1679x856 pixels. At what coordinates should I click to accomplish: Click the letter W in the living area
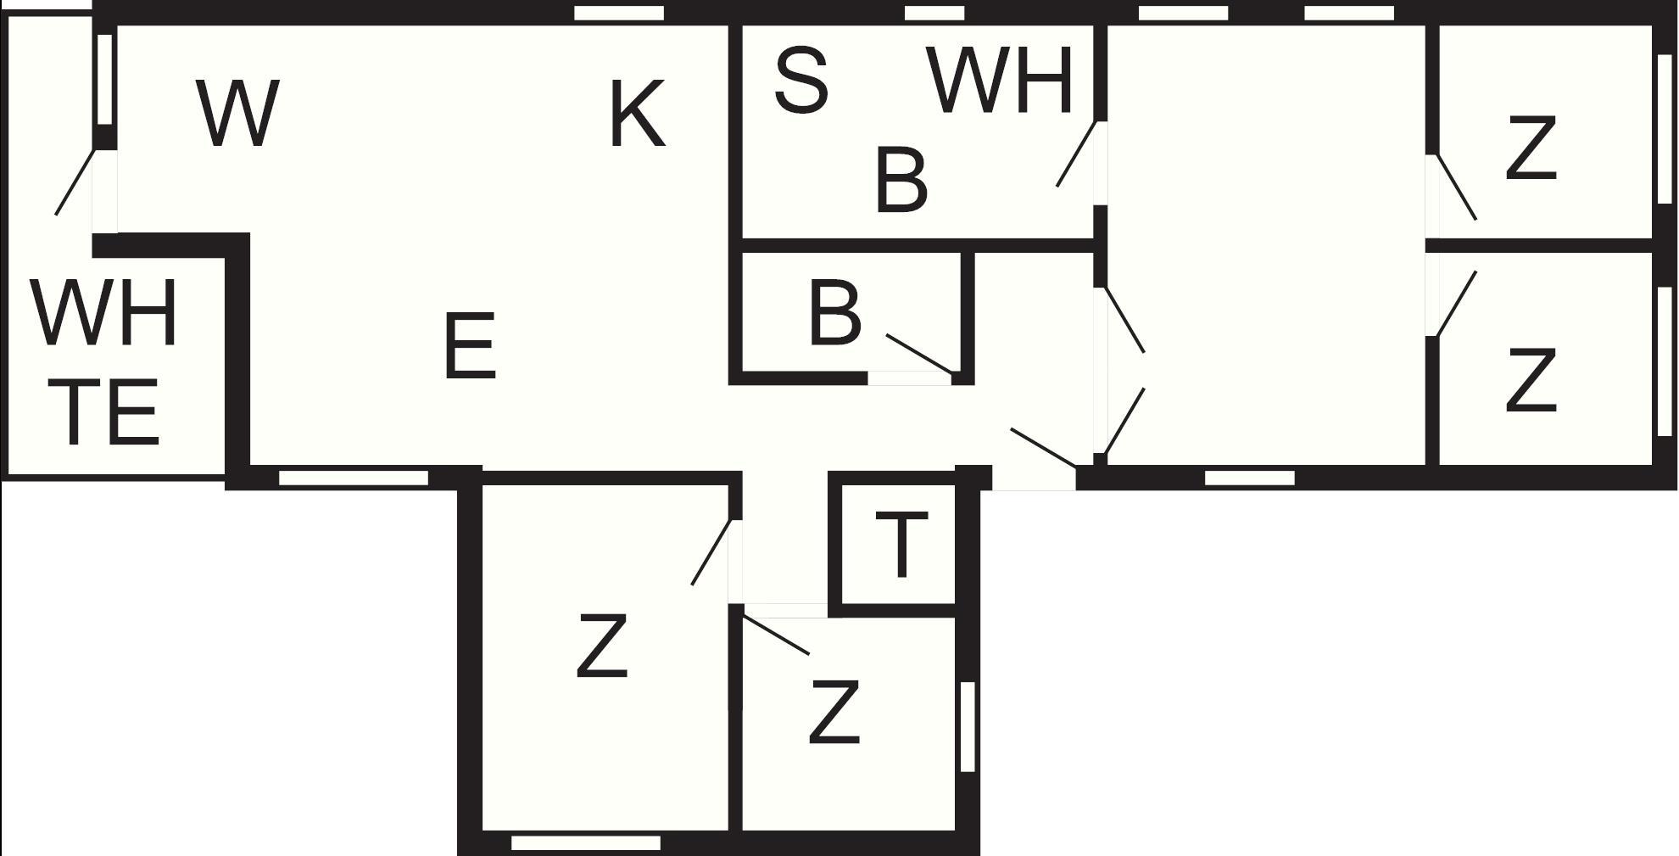pyautogui.click(x=237, y=114)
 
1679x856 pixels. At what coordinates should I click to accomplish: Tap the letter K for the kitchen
pyautogui.click(x=637, y=114)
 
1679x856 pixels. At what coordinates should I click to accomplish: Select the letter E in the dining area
pyautogui.click(x=470, y=346)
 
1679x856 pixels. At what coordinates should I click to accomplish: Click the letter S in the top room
pyautogui.click(x=801, y=81)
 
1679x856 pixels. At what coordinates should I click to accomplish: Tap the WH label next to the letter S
pyautogui.click(x=1001, y=81)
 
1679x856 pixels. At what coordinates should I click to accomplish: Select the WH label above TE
pyautogui.click(x=104, y=314)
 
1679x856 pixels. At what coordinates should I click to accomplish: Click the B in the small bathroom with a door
pyautogui.click(x=835, y=314)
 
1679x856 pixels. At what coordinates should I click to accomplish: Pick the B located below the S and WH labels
pyautogui.click(x=901, y=181)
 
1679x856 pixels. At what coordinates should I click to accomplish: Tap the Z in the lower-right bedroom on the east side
pyautogui.click(x=1531, y=381)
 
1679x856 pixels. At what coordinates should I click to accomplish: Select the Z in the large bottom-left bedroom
pyautogui.click(x=602, y=646)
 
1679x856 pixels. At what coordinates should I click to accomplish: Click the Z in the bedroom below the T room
pyautogui.click(x=835, y=713)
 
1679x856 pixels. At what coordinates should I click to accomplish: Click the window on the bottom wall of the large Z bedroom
pyautogui.click(x=586, y=842)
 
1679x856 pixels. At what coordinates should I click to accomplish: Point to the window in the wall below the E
pyautogui.click(x=354, y=478)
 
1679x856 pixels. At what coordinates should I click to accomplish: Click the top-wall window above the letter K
pyautogui.click(x=619, y=13)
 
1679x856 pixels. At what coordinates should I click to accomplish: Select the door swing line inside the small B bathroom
pyautogui.click(x=920, y=354)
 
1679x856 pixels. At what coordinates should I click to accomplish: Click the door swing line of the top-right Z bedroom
pyautogui.click(x=1457, y=187)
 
